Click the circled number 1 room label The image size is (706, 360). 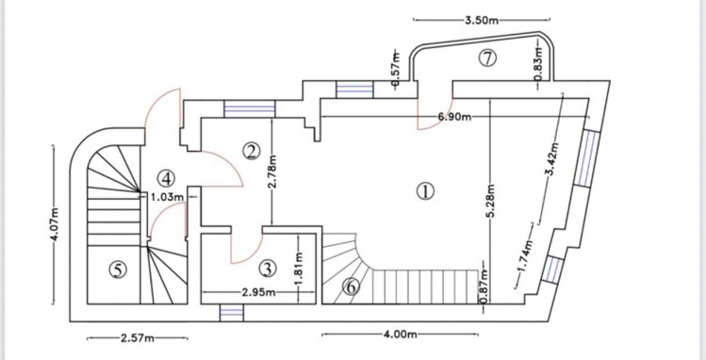425,191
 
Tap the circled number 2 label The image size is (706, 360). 252,151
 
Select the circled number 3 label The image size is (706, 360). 267,270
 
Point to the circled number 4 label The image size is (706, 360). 166,179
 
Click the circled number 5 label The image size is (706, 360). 118,270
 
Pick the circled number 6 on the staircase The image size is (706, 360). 352,286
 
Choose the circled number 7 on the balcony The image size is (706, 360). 487,58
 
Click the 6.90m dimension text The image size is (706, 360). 454,118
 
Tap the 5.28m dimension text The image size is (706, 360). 491,201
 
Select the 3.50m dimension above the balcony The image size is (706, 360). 482,20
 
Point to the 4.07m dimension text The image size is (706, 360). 55,225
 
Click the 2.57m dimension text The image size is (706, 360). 138,338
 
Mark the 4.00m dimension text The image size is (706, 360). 401,335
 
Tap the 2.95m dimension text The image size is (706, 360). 258,292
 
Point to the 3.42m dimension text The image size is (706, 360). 553,159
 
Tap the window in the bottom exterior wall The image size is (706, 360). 232,313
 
